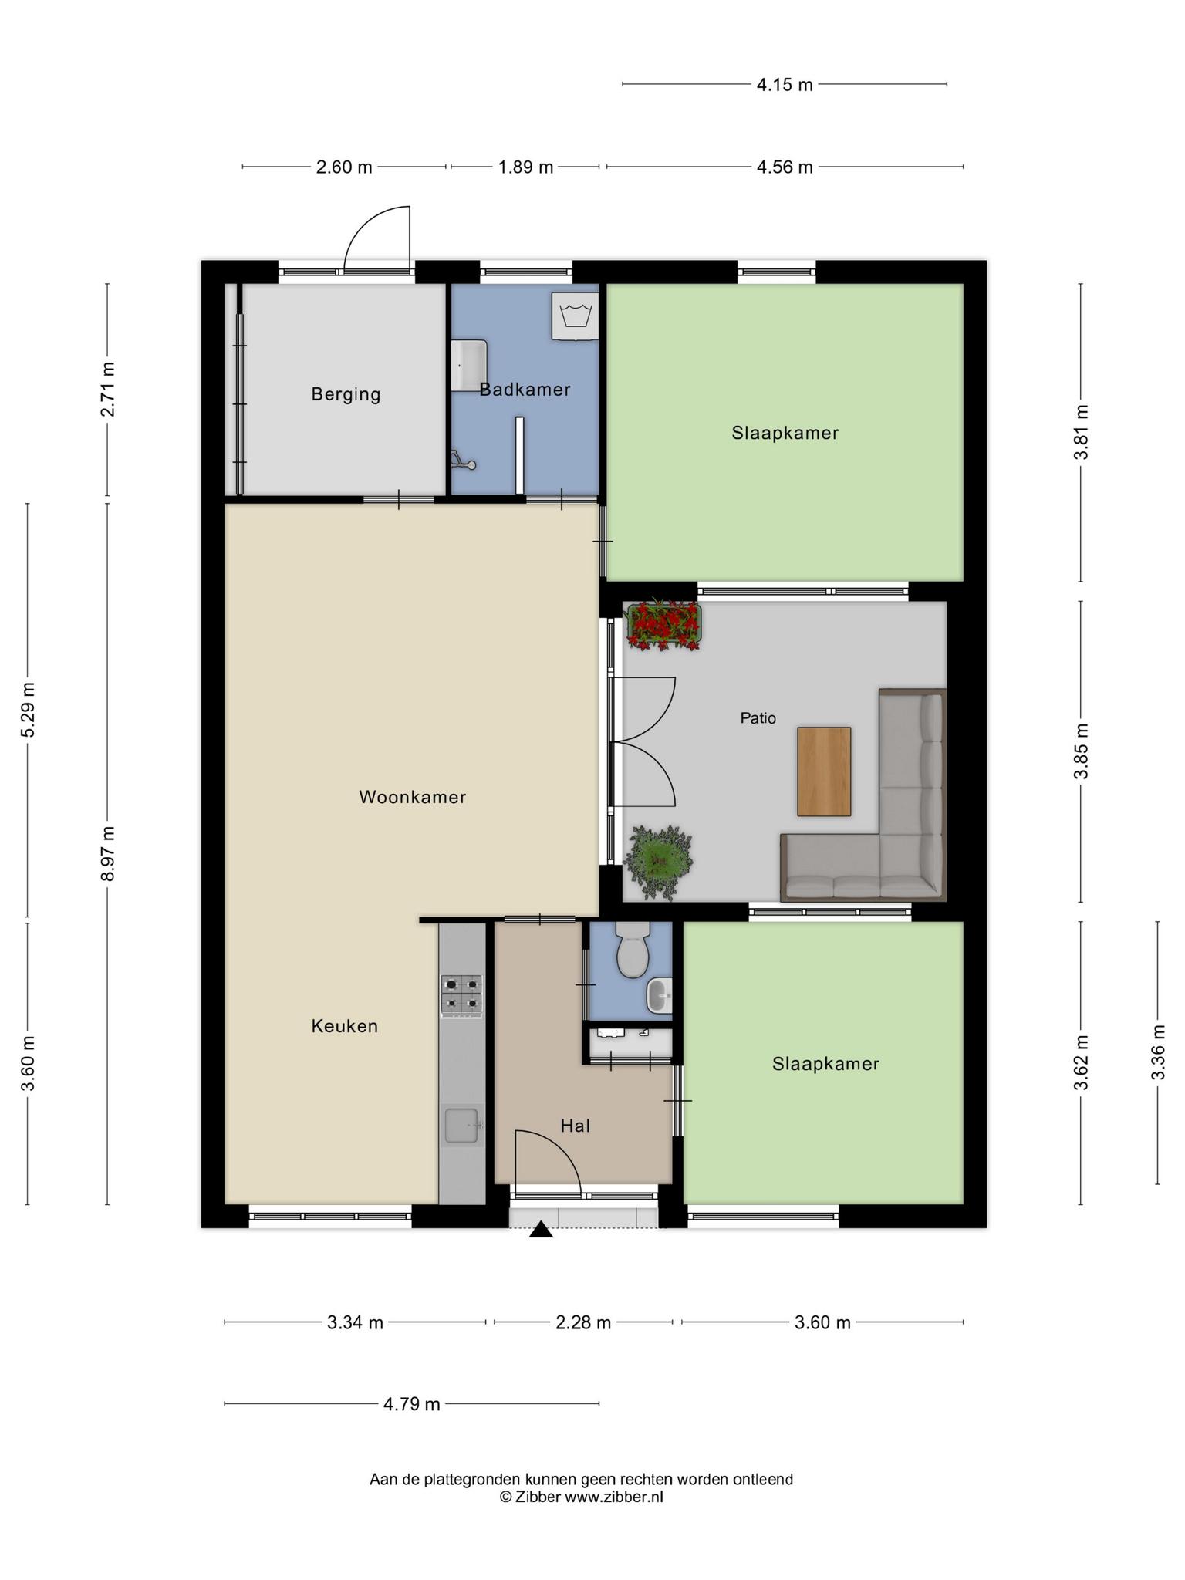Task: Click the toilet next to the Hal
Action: (x=633, y=950)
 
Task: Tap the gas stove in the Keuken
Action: (x=462, y=995)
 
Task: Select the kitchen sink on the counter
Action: (x=462, y=1126)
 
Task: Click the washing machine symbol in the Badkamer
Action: (x=576, y=316)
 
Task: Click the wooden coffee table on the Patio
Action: (x=824, y=771)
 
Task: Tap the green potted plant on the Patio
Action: (x=658, y=862)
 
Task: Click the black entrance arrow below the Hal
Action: (x=541, y=1230)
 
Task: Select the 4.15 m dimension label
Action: (x=785, y=85)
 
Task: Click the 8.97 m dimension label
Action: (x=108, y=853)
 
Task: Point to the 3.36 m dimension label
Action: (x=1157, y=1052)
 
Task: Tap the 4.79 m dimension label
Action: (x=412, y=1404)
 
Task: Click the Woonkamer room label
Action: (x=413, y=797)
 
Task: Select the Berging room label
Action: (x=346, y=394)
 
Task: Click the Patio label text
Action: (x=758, y=718)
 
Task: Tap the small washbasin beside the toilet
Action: (x=660, y=995)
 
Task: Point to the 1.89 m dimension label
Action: (x=525, y=167)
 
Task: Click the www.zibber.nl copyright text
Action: (x=614, y=1497)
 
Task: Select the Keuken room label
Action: (x=345, y=1026)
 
